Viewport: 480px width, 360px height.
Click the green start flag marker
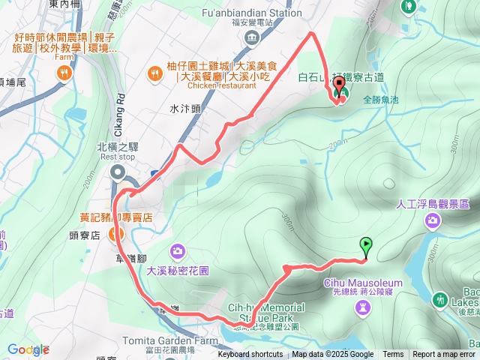365,244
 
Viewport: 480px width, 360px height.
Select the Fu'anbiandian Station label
253,12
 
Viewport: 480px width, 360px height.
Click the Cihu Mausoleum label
363,283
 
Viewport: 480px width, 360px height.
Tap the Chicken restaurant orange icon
154,73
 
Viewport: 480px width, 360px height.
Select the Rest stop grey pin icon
118,174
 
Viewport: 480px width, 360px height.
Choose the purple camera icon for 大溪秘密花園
178,250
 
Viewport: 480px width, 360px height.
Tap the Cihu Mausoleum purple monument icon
363,307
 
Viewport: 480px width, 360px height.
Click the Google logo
28,349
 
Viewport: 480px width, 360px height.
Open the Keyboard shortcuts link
250,355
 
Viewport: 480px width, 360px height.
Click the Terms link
393,355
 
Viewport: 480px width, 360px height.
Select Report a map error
444,355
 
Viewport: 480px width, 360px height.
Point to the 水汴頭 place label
184,109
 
